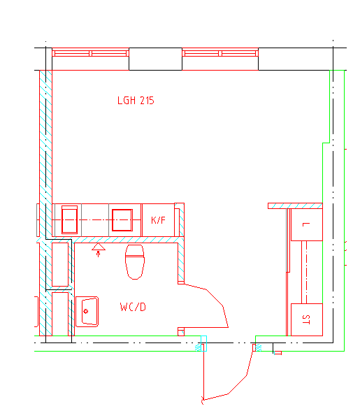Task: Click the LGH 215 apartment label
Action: point(136,101)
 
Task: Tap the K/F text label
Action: point(158,220)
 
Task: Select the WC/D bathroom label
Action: point(133,307)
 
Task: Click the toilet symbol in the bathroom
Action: point(135,262)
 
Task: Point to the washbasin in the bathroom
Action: point(87,312)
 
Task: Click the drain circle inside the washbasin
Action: point(85,312)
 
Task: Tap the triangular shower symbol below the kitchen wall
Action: point(99,247)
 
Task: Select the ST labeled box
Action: point(307,319)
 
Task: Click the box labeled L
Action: point(307,224)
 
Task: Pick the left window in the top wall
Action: point(90,53)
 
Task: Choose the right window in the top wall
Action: point(220,53)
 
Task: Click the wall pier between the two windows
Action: point(155,59)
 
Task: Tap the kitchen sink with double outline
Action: point(122,220)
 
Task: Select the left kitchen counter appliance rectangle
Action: point(69,219)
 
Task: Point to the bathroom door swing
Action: point(207,306)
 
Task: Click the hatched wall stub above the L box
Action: point(295,206)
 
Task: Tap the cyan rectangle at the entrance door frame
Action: point(203,343)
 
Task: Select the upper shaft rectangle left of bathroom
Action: point(60,264)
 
